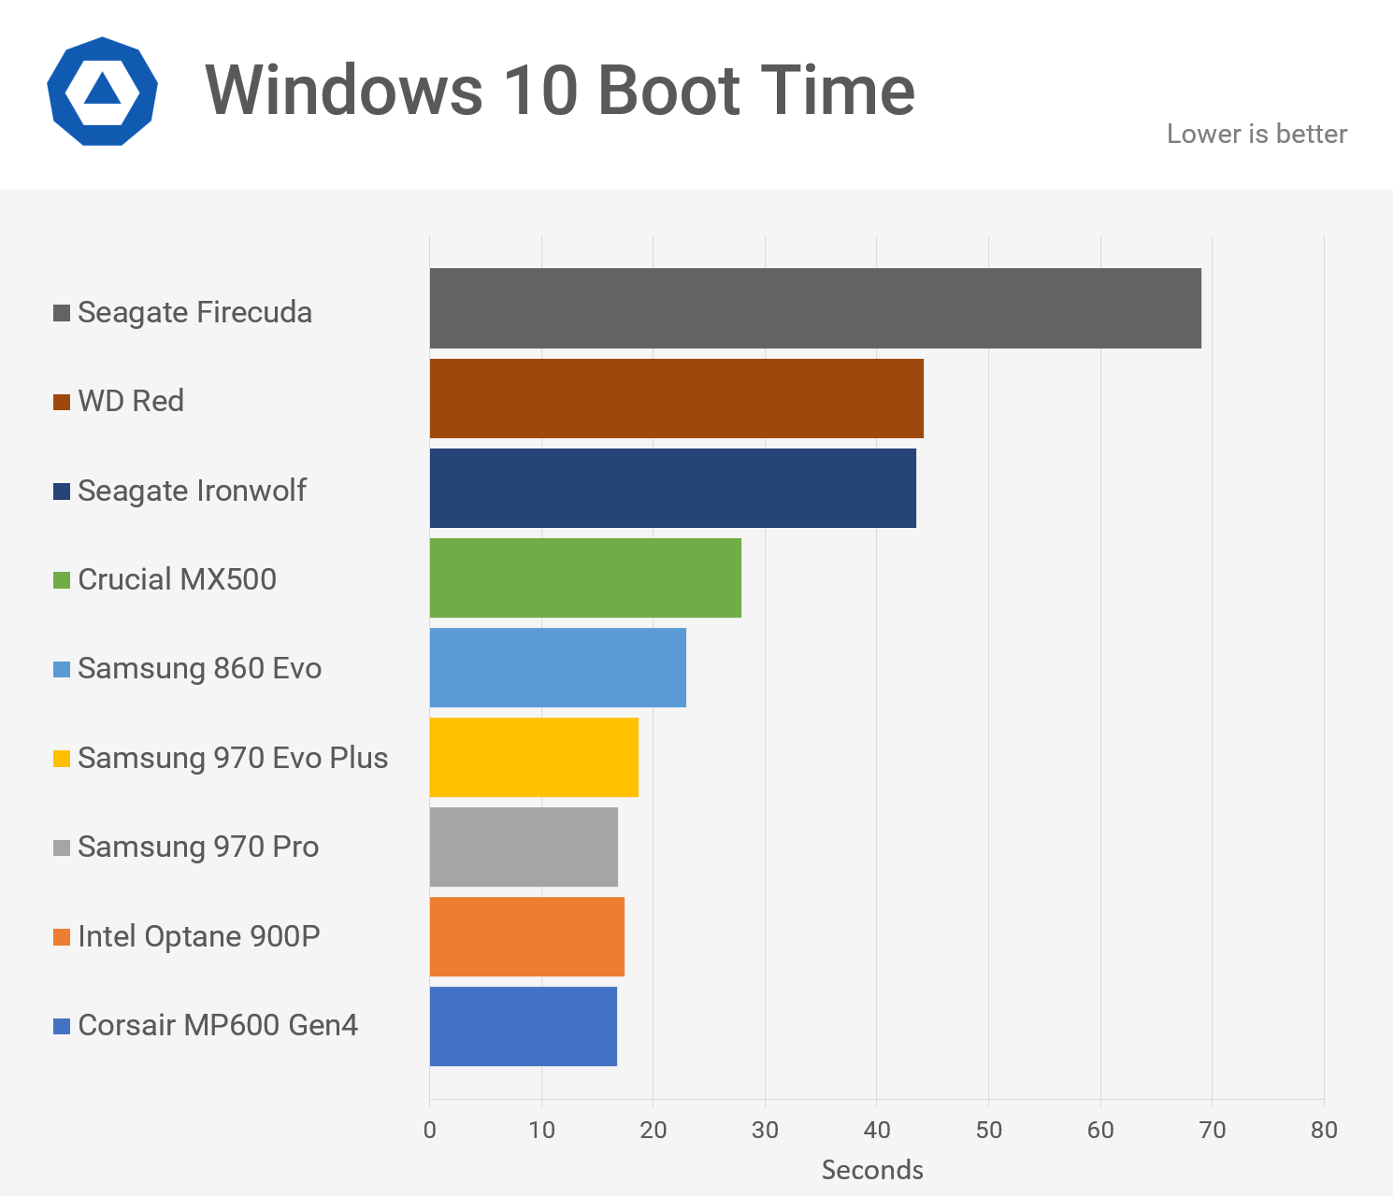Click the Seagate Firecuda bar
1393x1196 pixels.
[815, 308]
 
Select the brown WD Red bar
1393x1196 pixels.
[676, 398]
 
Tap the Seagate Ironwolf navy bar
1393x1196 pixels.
[672, 488]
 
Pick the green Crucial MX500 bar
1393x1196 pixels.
[585, 577]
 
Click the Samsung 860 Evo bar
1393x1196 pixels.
[557, 667]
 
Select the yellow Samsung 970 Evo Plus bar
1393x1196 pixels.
[534, 757]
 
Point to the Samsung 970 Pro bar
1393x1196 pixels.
[524, 847]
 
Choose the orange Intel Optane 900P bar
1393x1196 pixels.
[526, 936]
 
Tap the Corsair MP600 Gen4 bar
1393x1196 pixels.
[523, 1026]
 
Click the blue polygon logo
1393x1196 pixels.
[102, 91]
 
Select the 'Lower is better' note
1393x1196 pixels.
[1257, 135]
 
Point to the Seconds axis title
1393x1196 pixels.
[872, 1170]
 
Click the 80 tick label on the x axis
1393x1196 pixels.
[1324, 1131]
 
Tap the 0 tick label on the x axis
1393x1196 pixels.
[430, 1131]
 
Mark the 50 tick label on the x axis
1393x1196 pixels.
[988, 1131]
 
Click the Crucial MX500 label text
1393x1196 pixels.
[177, 579]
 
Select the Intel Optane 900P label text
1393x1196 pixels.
[198, 936]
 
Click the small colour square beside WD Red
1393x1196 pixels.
[62, 402]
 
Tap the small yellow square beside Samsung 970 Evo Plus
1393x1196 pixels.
[62, 759]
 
